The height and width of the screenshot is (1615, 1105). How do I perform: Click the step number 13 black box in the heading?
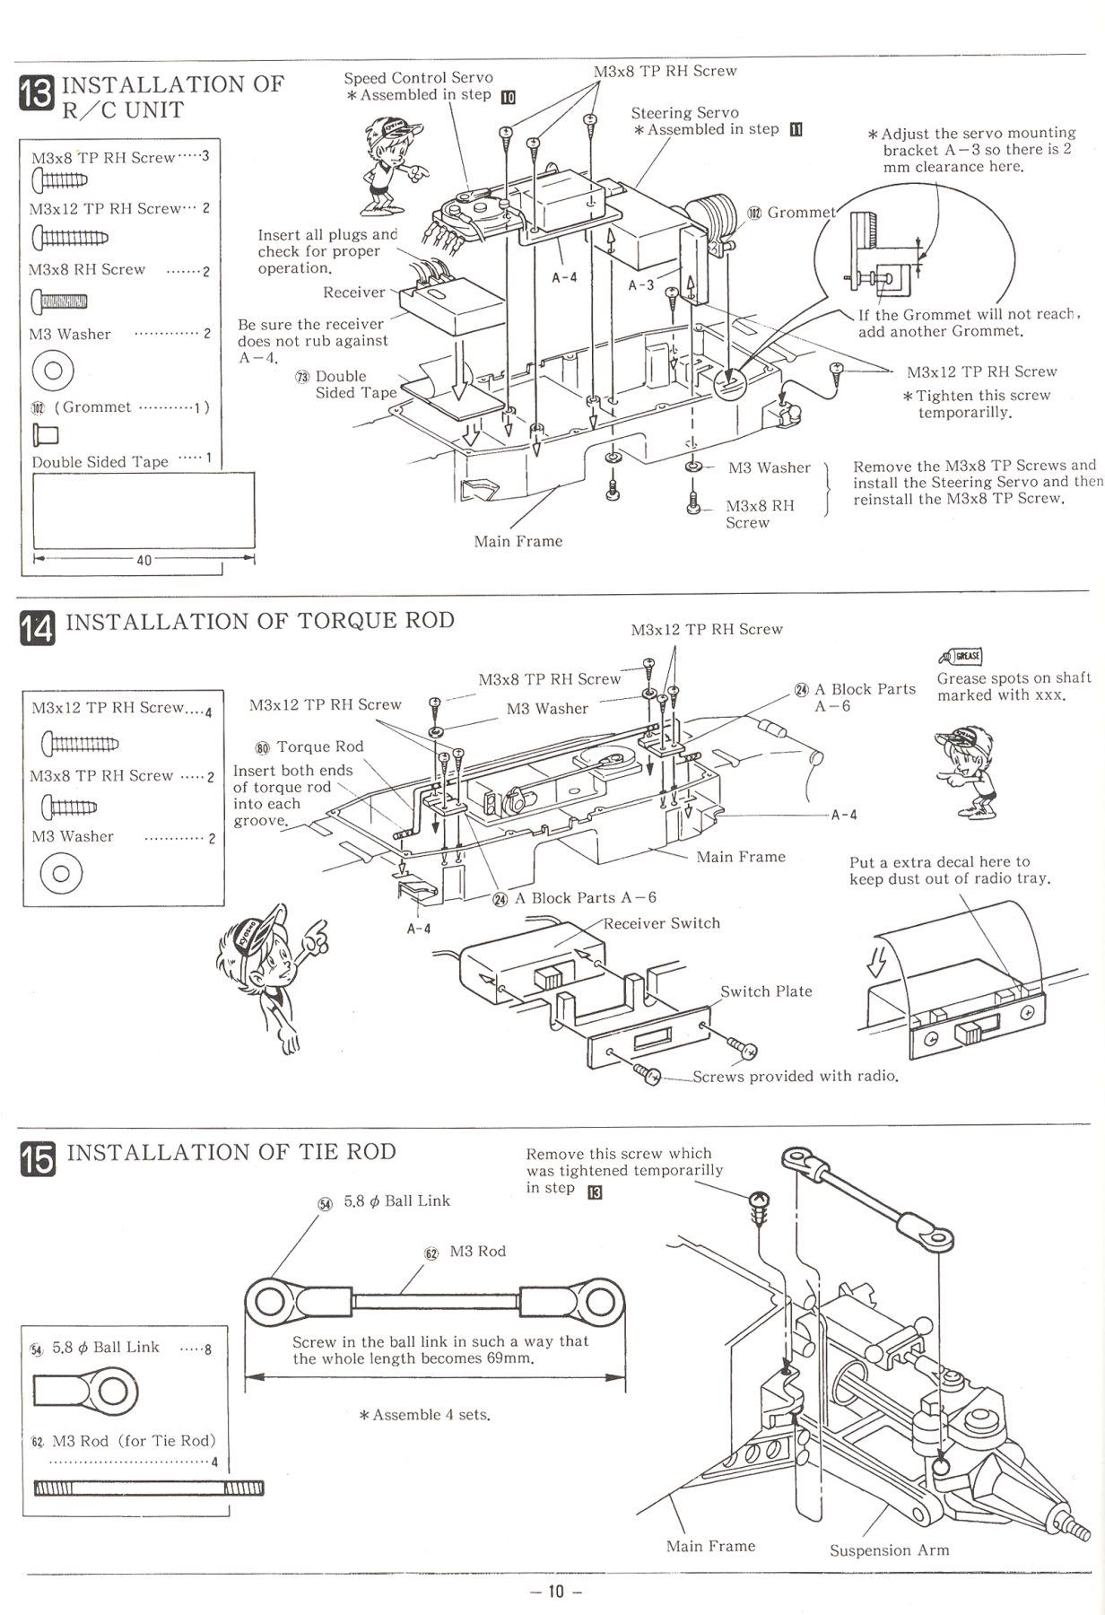pyautogui.click(x=37, y=94)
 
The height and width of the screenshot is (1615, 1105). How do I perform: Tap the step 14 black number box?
pyautogui.click(x=37, y=627)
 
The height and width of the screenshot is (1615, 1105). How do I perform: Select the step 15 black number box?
pyautogui.click(x=37, y=1157)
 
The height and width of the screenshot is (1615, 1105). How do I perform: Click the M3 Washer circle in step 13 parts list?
pyautogui.click(x=52, y=368)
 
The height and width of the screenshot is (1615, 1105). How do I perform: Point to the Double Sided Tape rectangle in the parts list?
pyautogui.click(x=144, y=511)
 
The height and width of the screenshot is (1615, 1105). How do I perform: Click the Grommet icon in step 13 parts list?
pyautogui.click(x=45, y=435)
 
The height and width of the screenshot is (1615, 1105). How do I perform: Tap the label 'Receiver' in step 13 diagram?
pyautogui.click(x=353, y=292)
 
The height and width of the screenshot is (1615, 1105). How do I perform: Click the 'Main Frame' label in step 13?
pyautogui.click(x=518, y=541)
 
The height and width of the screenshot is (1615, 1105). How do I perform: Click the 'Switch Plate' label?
pyautogui.click(x=766, y=991)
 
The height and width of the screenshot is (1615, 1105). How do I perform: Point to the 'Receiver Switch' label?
pyautogui.click(x=661, y=923)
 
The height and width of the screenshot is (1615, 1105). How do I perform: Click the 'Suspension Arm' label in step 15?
pyautogui.click(x=889, y=1550)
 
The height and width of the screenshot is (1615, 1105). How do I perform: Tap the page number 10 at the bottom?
pyautogui.click(x=555, y=1593)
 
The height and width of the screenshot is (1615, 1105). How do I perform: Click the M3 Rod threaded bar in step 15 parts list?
pyautogui.click(x=148, y=1489)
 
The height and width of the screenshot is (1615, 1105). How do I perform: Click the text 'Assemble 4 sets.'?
pyautogui.click(x=424, y=1415)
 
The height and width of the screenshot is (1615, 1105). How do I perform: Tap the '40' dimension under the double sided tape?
pyautogui.click(x=144, y=560)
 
